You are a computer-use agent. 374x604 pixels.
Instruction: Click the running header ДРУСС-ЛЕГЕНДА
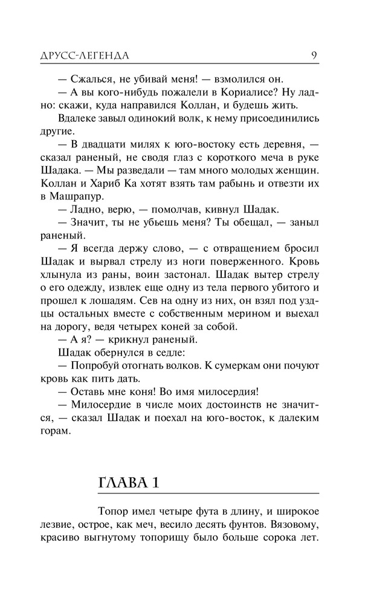coord(92,56)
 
